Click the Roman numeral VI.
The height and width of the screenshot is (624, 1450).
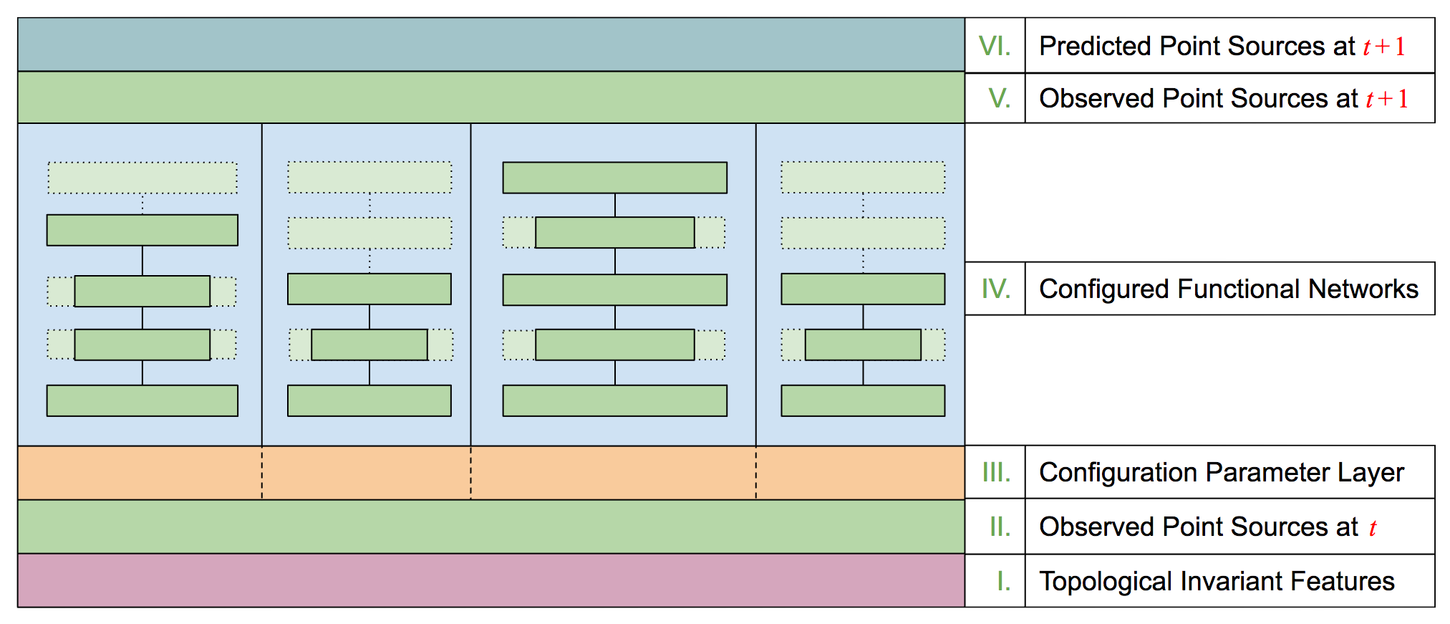[x=995, y=46]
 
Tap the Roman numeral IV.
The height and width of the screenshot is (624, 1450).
[x=996, y=289]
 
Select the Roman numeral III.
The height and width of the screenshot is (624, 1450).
[x=996, y=472]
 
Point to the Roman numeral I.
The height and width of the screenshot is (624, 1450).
[x=1004, y=581]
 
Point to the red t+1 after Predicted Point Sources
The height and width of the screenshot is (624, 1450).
[x=1383, y=47]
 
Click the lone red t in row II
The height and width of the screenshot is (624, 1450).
[x=1373, y=528]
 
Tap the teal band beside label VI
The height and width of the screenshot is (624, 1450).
[x=490, y=44]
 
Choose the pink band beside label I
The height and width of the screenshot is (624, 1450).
[x=490, y=580]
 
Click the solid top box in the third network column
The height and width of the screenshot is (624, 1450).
[x=614, y=178]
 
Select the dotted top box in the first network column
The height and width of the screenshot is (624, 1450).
[x=142, y=178]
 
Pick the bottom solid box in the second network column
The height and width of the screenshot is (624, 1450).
[x=369, y=400]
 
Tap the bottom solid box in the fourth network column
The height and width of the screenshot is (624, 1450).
[x=863, y=400]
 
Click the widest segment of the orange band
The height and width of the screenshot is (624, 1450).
[x=613, y=473]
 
